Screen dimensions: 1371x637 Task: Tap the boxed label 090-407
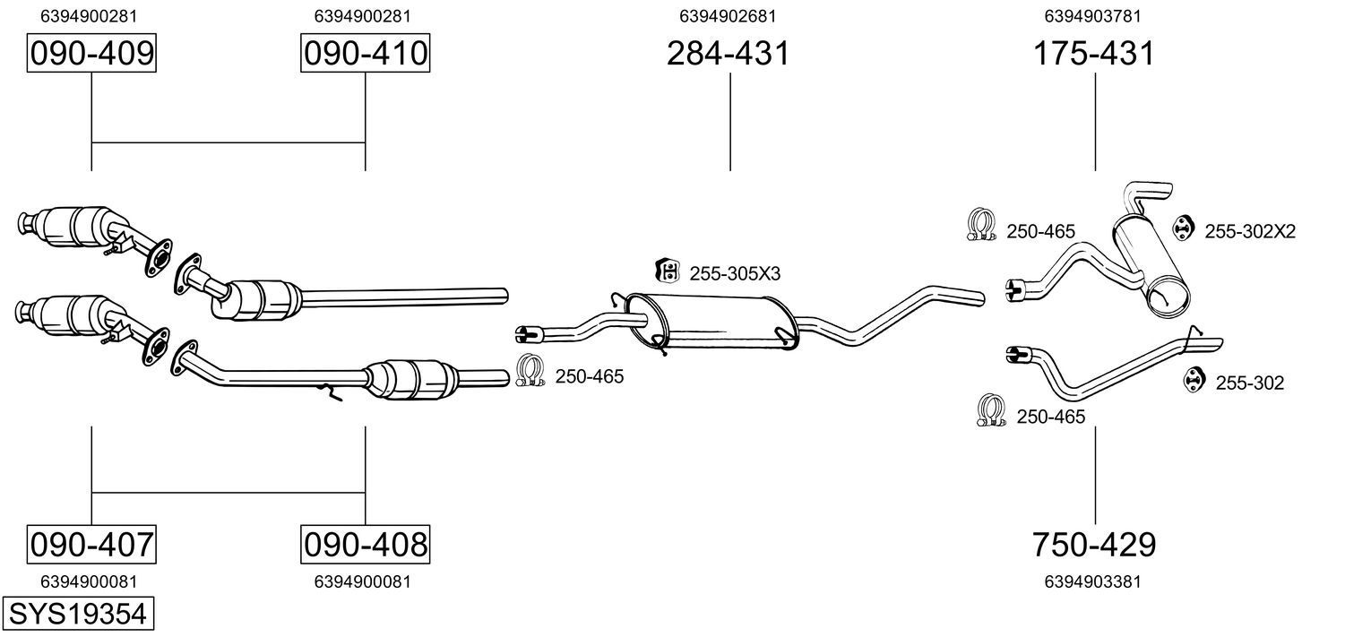[x=92, y=544]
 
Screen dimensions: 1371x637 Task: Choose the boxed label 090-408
[x=365, y=544]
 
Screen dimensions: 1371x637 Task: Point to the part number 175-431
[x=1094, y=54]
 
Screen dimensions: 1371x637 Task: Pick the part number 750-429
[x=1094, y=544]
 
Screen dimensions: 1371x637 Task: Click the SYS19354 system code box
[x=78, y=615]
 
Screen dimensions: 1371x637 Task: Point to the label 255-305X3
[x=735, y=273]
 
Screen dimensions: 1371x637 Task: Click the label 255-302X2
[x=1249, y=232]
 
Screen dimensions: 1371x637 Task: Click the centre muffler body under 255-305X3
[x=717, y=321]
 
